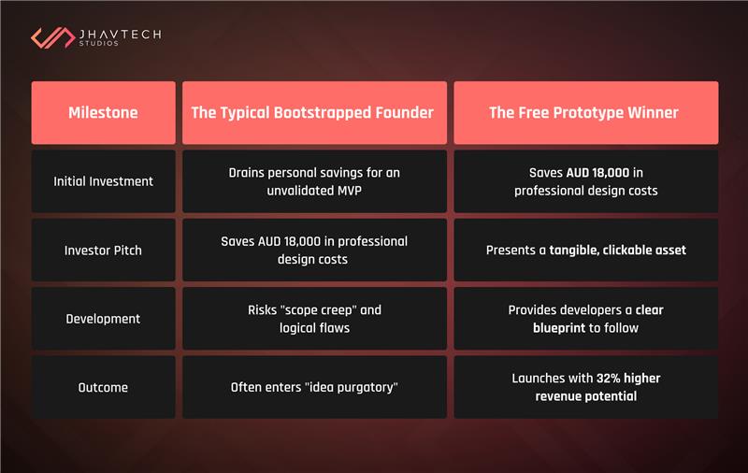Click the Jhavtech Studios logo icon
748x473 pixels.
tap(53, 37)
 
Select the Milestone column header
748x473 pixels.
tap(103, 113)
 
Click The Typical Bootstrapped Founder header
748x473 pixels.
tap(312, 113)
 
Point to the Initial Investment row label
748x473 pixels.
tap(103, 181)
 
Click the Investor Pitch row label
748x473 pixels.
tap(103, 251)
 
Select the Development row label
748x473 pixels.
tap(103, 319)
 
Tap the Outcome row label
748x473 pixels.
tap(103, 387)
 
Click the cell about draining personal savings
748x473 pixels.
tap(312, 181)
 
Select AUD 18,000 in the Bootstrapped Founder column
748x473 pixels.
tap(289, 241)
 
